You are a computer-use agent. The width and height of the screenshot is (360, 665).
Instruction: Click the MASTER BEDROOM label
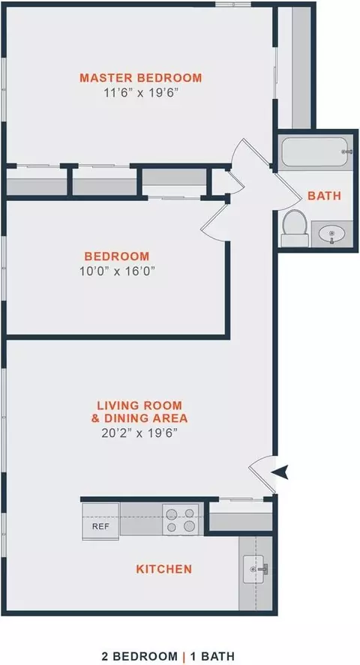pyautogui.click(x=141, y=78)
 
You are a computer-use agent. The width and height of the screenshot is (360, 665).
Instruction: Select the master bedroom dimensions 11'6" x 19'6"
pyautogui.click(x=140, y=93)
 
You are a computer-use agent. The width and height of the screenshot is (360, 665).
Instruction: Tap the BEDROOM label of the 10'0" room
pyautogui.click(x=117, y=256)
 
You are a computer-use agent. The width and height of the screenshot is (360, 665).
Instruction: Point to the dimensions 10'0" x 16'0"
pyautogui.click(x=116, y=271)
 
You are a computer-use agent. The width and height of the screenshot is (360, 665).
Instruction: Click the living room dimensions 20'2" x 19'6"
pyautogui.click(x=139, y=433)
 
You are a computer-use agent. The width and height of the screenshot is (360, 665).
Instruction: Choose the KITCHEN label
pyautogui.click(x=163, y=569)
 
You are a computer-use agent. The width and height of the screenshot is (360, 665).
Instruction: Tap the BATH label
pyautogui.click(x=325, y=196)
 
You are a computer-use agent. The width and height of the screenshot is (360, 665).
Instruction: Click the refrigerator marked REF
pyautogui.click(x=101, y=522)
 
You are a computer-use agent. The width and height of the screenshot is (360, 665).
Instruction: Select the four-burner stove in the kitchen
pyautogui.click(x=181, y=520)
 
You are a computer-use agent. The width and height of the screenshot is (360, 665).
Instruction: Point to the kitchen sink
pyautogui.click(x=254, y=569)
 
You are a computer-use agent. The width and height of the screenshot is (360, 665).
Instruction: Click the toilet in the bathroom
pyautogui.click(x=295, y=228)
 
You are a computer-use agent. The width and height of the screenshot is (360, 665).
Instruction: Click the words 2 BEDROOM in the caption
pyautogui.click(x=139, y=657)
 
